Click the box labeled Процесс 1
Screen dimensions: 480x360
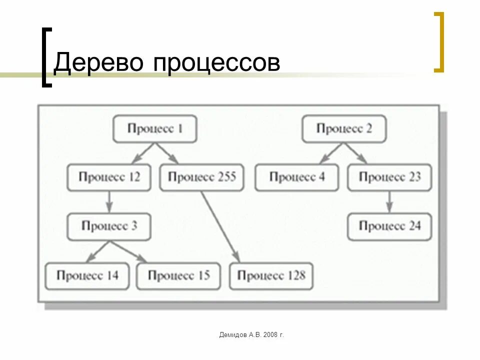(154, 129)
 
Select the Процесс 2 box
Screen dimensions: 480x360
(344, 129)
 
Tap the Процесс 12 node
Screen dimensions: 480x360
(109, 177)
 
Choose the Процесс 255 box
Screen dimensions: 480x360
(202, 177)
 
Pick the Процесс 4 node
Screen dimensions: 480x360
(296, 177)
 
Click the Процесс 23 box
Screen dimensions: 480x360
(389, 177)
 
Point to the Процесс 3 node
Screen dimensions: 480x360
(109, 226)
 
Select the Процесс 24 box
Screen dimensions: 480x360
(389, 226)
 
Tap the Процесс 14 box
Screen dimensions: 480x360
(87, 275)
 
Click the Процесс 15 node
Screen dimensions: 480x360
(178, 275)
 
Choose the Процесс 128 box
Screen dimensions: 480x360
(271, 275)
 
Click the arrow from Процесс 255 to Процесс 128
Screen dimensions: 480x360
(220, 226)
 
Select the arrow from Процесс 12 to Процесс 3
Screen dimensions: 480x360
(109, 201)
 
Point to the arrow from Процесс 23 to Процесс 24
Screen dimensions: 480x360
(389, 201)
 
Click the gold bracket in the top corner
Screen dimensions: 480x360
(439, 42)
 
